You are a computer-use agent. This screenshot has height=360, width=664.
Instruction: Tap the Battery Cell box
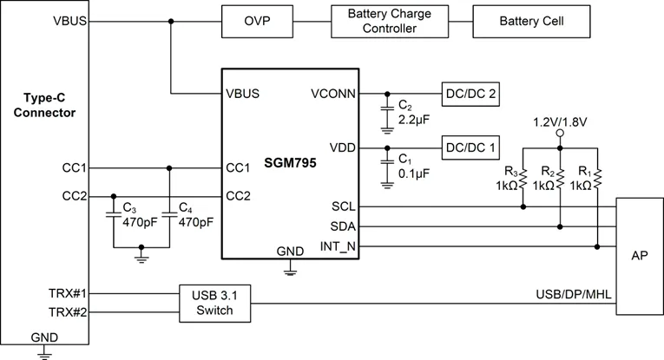click(532, 21)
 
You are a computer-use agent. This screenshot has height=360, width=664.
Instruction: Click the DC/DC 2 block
click(470, 94)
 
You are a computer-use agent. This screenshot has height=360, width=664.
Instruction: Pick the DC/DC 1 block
click(470, 147)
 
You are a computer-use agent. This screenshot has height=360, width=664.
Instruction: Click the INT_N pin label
click(337, 246)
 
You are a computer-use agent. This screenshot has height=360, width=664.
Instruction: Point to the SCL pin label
click(343, 207)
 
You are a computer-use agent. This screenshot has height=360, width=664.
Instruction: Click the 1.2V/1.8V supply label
click(561, 121)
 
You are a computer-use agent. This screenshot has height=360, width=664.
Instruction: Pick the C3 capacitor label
click(129, 209)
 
